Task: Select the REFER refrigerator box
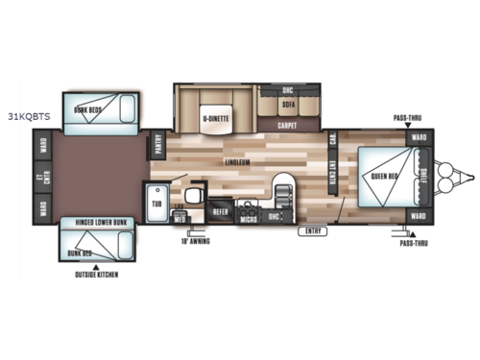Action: point(221,208)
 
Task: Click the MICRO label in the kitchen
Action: point(249,219)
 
